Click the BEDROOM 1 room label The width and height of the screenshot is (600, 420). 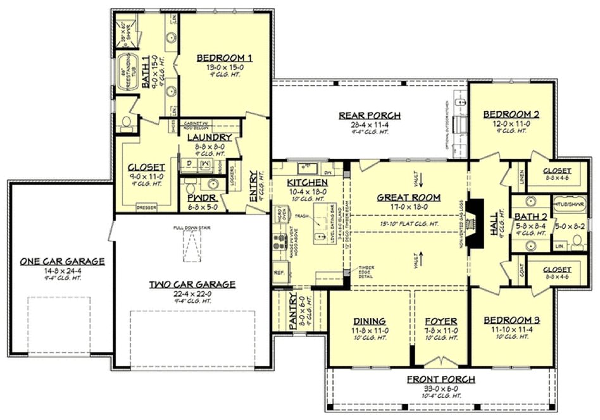(224, 58)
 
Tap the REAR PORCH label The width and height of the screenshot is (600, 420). (378, 115)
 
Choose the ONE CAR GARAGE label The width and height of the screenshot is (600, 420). (62, 261)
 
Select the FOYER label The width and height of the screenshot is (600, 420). (441, 321)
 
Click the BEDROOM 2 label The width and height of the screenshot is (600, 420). (511, 114)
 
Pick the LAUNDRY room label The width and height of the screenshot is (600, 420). (209, 137)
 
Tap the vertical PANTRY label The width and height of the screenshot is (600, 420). (292, 311)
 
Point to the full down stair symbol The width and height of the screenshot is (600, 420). (190, 244)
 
